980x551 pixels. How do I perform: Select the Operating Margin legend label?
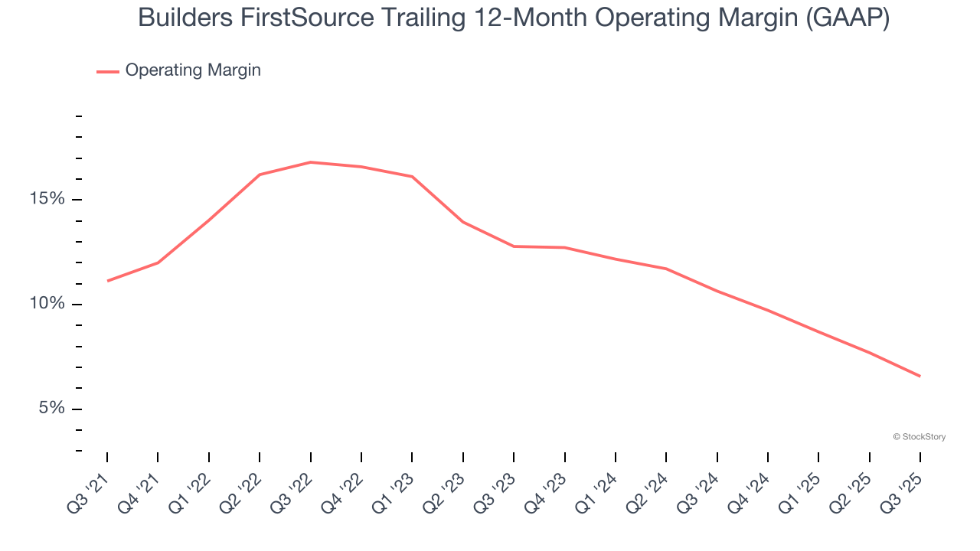tap(193, 70)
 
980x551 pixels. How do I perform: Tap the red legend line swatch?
tap(108, 71)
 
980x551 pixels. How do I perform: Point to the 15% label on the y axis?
tap(46, 199)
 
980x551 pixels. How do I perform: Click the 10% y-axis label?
tap(46, 304)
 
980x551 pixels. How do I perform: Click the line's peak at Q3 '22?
tap(310, 162)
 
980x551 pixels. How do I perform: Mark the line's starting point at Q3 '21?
tap(107, 281)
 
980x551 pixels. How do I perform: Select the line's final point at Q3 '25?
tap(920, 376)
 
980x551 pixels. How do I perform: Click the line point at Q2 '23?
tap(462, 222)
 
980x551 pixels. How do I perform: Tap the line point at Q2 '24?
tap(666, 269)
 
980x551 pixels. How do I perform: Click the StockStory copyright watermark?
tap(919, 437)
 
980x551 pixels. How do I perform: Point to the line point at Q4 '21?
tap(158, 262)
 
